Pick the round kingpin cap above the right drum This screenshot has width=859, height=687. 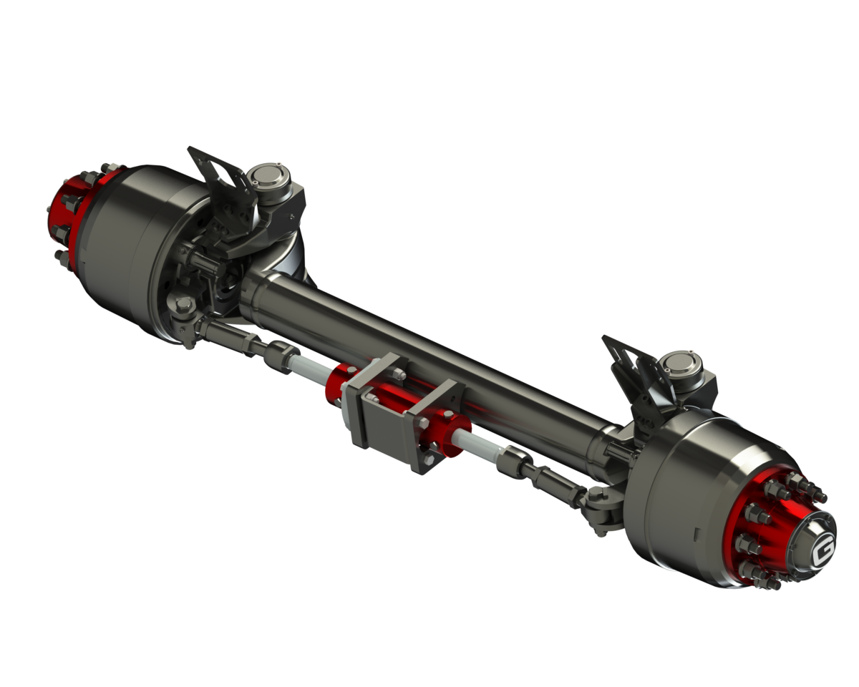(676, 365)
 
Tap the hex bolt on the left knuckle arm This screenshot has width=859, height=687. (183, 308)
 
